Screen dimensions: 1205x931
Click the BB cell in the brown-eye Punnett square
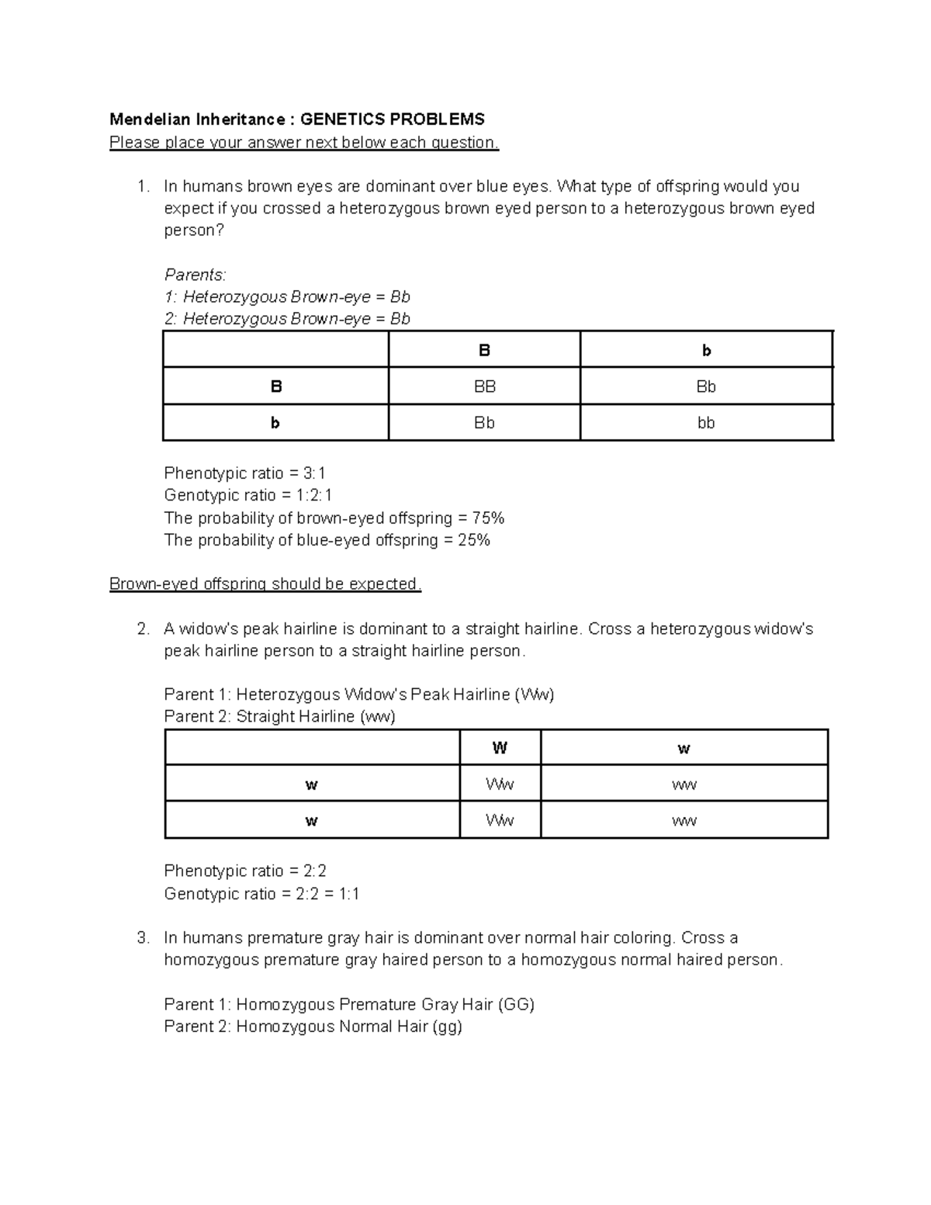(x=485, y=386)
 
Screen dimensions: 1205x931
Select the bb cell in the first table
(x=706, y=423)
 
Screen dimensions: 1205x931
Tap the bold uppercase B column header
(x=485, y=351)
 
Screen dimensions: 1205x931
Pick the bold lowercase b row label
(x=275, y=423)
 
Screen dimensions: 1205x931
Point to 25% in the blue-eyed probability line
(x=474, y=540)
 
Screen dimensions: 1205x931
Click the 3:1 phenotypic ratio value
(x=315, y=473)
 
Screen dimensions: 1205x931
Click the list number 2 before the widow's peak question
(x=142, y=629)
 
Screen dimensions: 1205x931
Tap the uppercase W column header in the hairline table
(x=500, y=749)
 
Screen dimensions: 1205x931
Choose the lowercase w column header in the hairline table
(x=684, y=749)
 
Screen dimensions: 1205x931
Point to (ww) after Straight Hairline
(x=377, y=716)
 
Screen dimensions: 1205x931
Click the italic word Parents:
(x=195, y=275)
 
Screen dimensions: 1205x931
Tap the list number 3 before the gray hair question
(x=142, y=938)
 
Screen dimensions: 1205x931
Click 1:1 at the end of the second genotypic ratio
(x=349, y=894)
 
